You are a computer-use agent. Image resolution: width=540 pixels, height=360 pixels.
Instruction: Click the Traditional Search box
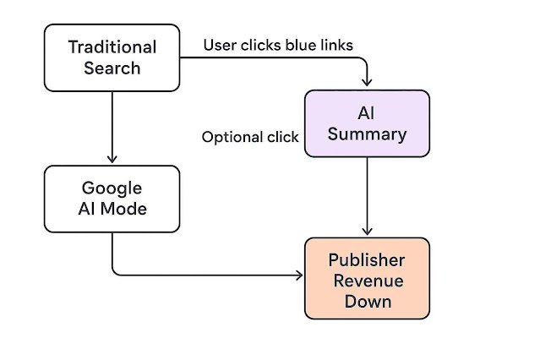pyautogui.click(x=112, y=57)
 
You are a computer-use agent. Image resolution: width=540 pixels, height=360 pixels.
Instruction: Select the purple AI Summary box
pyautogui.click(x=367, y=123)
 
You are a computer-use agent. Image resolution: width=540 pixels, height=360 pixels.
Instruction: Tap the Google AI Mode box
pyautogui.click(x=112, y=198)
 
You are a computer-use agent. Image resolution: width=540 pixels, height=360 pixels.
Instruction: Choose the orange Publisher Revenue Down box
pyautogui.click(x=367, y=278)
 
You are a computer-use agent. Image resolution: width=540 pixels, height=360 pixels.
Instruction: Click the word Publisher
pyautogui.click(x=368, y=259)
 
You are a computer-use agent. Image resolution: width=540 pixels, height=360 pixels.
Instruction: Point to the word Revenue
pyautogui.click(x=368, y=280)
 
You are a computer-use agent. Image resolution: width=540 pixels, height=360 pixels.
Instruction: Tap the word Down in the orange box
pyautogui.click(x=368, y=300)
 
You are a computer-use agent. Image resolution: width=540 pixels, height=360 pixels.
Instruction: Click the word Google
pyautogui.click(x=112, y=188)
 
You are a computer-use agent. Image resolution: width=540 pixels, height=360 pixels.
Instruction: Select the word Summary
pyautogui.click(x=368, y=134)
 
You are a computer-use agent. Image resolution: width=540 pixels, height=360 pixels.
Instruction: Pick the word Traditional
pyautogui.click(x=112, y=46)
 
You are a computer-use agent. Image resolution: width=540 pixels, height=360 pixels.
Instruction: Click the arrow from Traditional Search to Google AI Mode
pyautogui.click(x=112, y=127)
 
